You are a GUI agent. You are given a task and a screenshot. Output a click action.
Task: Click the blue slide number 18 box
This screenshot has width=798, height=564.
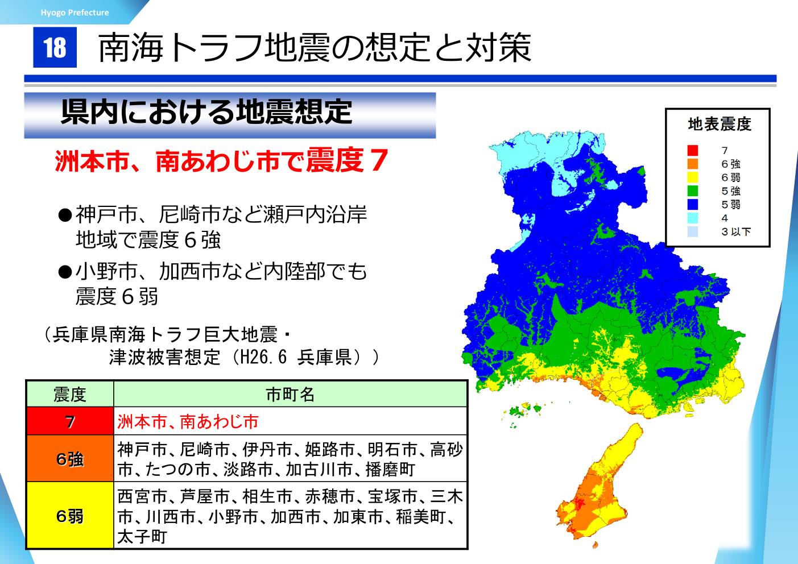(55, 47)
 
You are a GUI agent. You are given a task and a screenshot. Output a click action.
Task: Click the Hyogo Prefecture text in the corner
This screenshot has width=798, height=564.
(75, 13)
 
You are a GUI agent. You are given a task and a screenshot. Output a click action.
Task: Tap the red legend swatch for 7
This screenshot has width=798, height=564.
(693, 150)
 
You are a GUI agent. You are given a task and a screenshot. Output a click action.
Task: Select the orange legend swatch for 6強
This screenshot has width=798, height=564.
(693, 164)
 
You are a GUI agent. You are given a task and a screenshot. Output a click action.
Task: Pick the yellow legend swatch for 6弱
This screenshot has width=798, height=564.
(693, 177)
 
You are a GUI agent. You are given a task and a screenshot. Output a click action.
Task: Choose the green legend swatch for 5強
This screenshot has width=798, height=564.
(693, 191)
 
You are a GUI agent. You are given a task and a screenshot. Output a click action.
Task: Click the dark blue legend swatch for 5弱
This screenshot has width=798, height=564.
(693, 204)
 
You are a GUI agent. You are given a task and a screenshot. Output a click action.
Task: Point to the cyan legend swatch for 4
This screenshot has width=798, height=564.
(693, 218)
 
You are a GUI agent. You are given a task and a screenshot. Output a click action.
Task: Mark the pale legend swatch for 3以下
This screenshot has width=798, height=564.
(693, 231)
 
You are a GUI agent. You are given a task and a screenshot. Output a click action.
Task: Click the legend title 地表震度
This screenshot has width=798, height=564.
(720, 125)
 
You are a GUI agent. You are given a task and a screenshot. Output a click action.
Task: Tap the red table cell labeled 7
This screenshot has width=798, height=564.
(70, 421)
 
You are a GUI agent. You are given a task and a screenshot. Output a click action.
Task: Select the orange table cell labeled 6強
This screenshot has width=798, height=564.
(70, 459)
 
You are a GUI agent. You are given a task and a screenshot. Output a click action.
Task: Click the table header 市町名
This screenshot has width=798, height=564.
(290, 395)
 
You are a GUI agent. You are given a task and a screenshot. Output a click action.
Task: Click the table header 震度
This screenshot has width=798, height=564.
(70, 395)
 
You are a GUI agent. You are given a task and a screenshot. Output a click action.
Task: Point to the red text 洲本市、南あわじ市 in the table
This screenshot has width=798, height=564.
(188, 421)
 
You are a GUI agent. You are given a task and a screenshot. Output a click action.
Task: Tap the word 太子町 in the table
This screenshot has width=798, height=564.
(142, 537)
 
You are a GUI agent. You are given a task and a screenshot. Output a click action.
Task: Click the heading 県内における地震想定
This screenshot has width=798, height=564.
(206, 112)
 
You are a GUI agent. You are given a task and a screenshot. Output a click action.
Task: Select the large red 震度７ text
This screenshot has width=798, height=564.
(347, 160)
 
